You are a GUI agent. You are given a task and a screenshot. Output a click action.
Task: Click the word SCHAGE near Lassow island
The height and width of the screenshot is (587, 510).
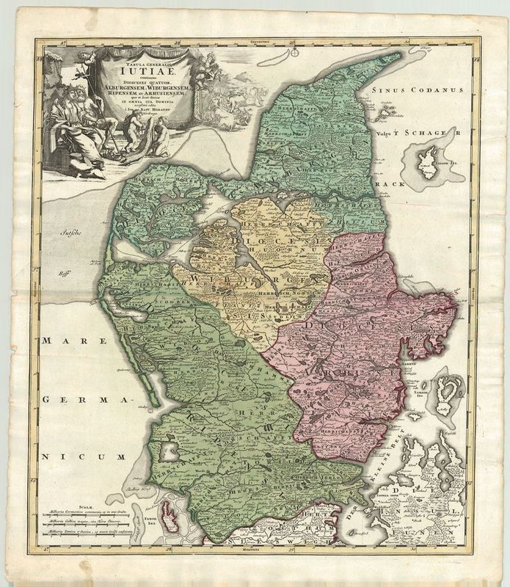coord(420,133)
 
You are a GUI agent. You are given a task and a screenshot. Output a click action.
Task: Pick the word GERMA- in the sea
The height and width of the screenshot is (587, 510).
coord(81,400)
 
